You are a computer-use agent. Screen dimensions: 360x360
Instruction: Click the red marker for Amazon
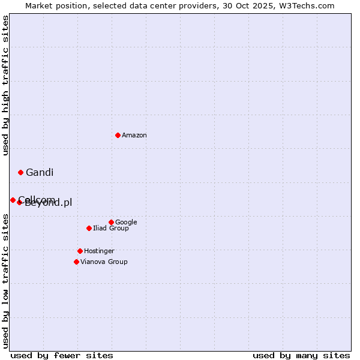coord(118,135)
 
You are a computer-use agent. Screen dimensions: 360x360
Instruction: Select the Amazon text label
coord(134,136)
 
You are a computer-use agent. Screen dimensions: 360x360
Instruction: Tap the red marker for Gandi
coord(20,172)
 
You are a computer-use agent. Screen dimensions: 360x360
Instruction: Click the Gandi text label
coord(40,173)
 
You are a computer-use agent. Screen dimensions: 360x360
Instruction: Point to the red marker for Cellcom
coord(13,200)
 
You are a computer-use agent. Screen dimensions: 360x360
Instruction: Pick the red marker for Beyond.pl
coord(19,202)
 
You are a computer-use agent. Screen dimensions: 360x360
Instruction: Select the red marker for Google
coord(111,222)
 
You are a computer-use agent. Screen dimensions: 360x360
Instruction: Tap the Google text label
coord(126,222)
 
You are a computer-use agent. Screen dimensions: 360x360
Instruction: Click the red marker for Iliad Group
coord(89,228)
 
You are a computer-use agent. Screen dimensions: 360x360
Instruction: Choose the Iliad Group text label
coord(111,229)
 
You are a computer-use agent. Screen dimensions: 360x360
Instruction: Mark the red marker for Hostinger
coord(80,251)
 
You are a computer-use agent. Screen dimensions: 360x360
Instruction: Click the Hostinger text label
coord(99,251)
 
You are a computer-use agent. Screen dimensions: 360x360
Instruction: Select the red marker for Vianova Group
coord(76,262)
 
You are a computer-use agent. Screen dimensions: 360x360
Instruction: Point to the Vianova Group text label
coord(104,262)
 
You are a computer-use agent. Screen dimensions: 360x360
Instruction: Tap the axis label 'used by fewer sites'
coord(62,355)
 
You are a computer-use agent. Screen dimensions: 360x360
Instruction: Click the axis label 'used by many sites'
coord(301,355)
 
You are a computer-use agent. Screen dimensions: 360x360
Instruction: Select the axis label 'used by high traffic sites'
coord(6,85)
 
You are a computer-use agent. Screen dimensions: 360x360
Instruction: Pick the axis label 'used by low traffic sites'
coord(6,281)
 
